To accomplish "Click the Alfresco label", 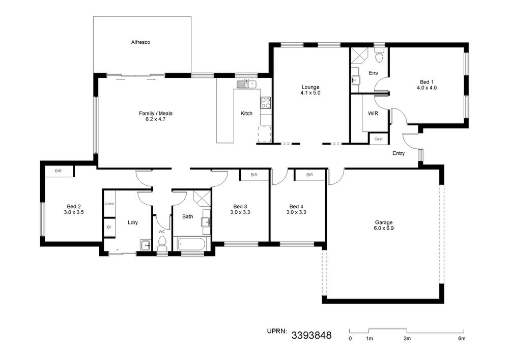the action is click(140, 42).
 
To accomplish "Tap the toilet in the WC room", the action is click(162, 243).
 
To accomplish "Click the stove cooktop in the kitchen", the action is click(266, 103).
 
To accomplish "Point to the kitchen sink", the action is click(247, 84).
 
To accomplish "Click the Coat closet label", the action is click(379, 139).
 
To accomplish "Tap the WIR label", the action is click(373, 114).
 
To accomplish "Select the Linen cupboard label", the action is click(109, 204).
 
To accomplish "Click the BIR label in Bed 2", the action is click(58, 171).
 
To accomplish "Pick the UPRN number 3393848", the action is click(312, 335).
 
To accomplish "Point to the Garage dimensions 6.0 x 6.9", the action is click(384, 228).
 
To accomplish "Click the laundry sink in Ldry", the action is click(145, 245).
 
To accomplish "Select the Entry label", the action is click(399, 153).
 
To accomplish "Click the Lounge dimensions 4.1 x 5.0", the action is click(310, 93).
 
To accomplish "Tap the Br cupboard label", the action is click(109, 227).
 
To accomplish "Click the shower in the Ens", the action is click(359, 56).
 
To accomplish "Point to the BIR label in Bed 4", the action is click(309, 175).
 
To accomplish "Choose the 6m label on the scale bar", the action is click(462, 339).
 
